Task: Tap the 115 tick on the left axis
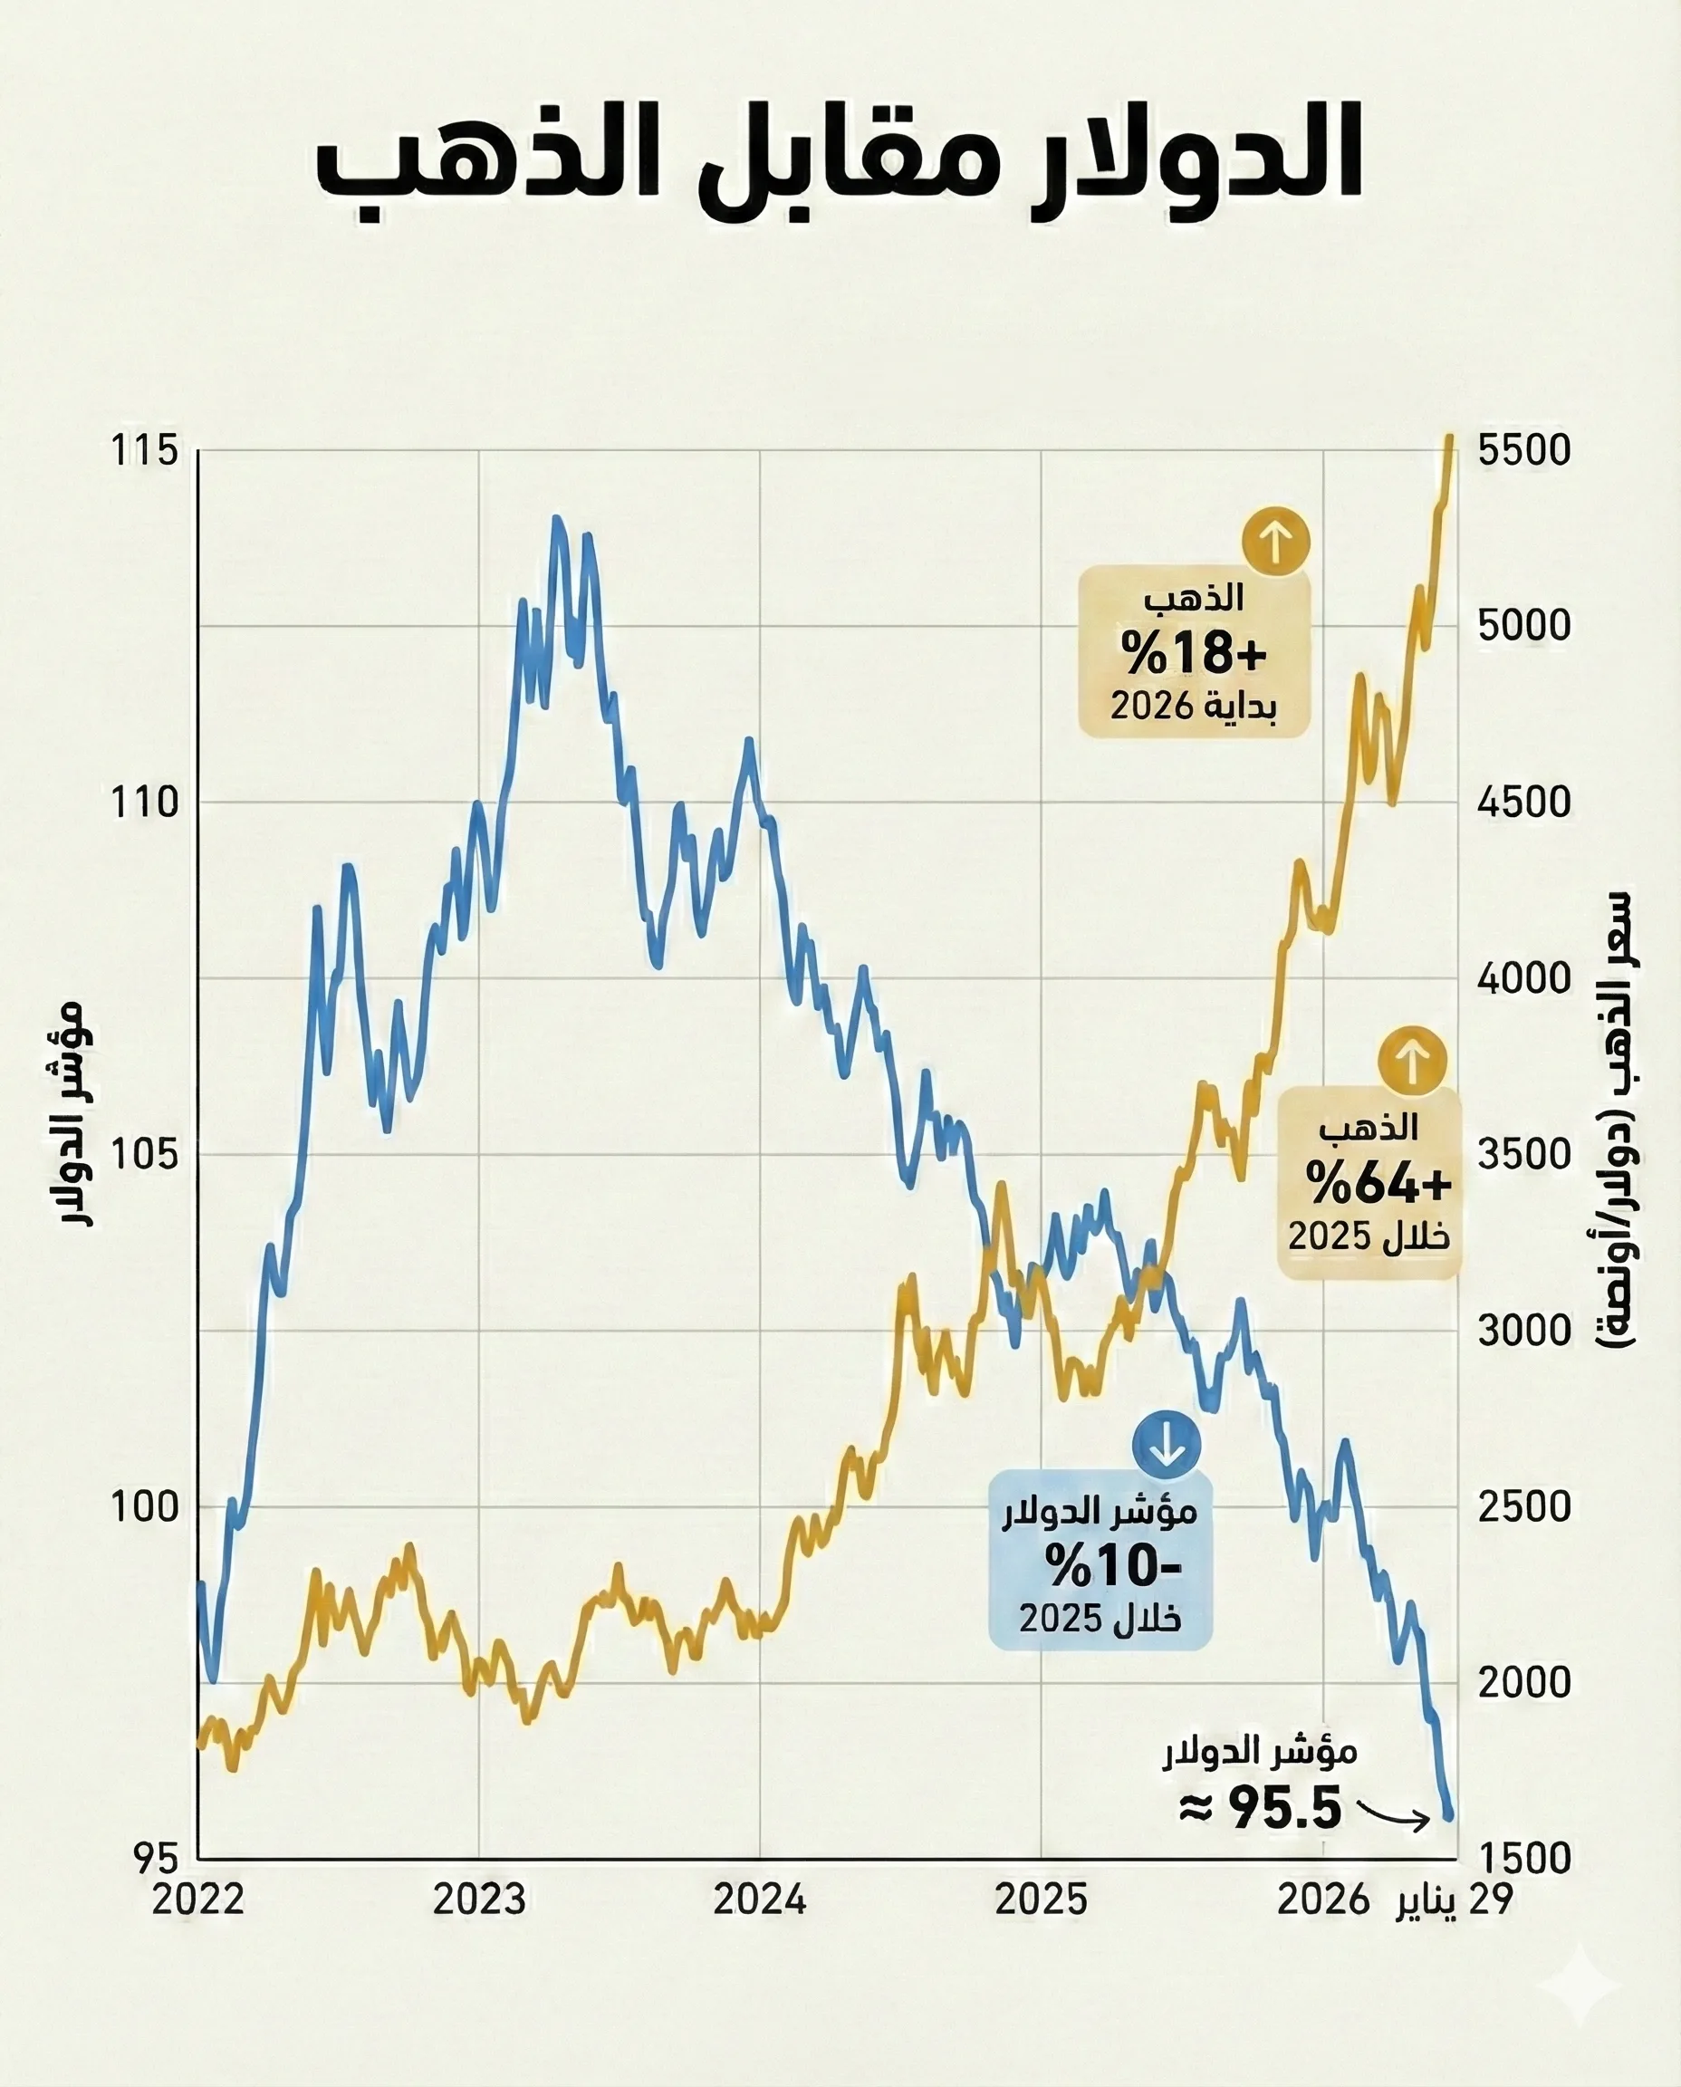click(145, 451)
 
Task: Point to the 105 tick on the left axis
click(145, 1154)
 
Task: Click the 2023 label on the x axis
click(479, 1900)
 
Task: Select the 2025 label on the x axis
click(1042, 1900)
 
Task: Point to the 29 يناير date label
click(1454, 1900)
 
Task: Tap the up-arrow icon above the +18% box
click(1276, 542)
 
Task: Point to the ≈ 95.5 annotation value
click(1261, 1807)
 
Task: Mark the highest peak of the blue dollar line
click(557, 519)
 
